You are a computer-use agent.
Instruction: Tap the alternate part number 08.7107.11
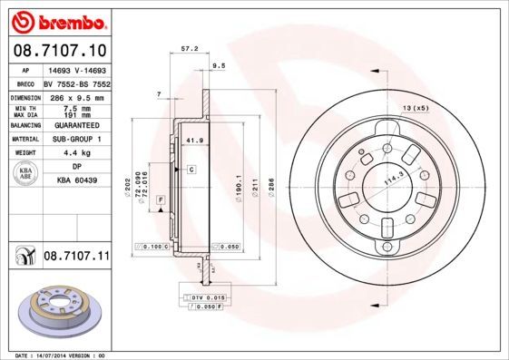point(75,258)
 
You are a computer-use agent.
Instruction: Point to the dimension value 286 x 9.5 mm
point(76,96)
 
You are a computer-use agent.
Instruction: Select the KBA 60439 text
point(76,181)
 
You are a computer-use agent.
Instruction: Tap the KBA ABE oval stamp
point(26,175)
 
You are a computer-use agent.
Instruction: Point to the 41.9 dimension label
point(192,141)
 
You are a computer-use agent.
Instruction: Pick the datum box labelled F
point(161,199)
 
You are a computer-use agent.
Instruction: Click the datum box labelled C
point(191,170)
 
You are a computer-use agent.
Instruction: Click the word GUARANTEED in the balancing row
point(76,125)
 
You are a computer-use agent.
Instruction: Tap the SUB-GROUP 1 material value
point(76,139)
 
